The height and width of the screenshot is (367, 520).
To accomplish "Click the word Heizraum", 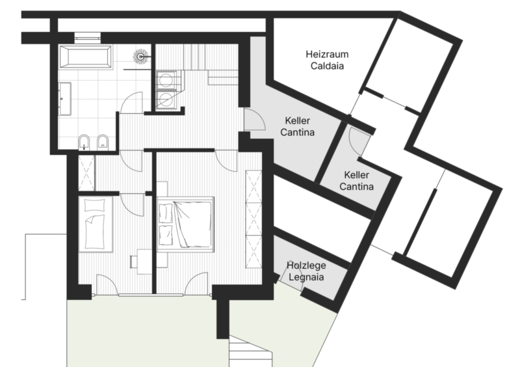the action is pyautogui.click(x=327, y=54).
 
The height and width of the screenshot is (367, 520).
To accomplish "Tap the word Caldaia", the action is pyautogui.click(x=327, y=66).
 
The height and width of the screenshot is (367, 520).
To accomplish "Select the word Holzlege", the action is pyautogui.click(x=306, y=265).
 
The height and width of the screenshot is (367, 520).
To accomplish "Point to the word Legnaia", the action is pyautogui.click(x=306, y=277).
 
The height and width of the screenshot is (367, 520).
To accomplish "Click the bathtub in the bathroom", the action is pyautogui.click(x=85, y=57).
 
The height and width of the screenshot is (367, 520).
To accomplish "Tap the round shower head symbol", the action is pyautogui.click(x=141, y=57).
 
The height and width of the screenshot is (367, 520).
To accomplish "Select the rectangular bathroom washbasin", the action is pyautogui.click(x=65, y=99).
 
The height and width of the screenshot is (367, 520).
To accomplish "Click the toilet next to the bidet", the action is pyautogui.click(x=84, y=142).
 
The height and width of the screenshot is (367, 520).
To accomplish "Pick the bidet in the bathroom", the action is pyautogui.click(x=103, y=142).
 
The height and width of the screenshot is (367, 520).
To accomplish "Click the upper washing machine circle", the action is pyautogui.click(x=165, y=81).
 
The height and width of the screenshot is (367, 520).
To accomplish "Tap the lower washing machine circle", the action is pyautogui.click(x=165, y=100).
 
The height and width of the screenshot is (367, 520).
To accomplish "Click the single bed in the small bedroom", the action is pyautogui.click(x=96, y=224).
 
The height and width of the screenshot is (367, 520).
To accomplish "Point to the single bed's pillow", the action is pyautogui.click(x=94, y=205).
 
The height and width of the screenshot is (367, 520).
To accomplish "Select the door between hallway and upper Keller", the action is pyautogui.click(x=255, y=119).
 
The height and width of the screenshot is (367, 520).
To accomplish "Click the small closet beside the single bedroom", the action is pyautogui.click(x=86, y=172).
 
